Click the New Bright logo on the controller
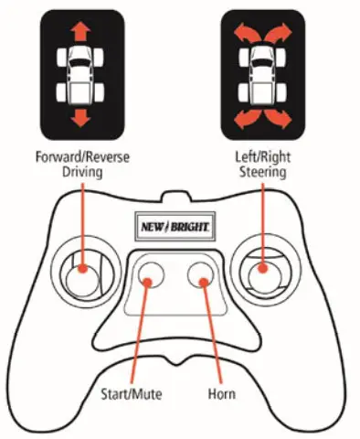tap(175, 223)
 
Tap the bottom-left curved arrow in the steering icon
tap(241, 116)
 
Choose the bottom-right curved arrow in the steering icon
tap(281, 116)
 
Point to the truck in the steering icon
tap(261, 75)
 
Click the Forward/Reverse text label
tap(82, 156)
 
